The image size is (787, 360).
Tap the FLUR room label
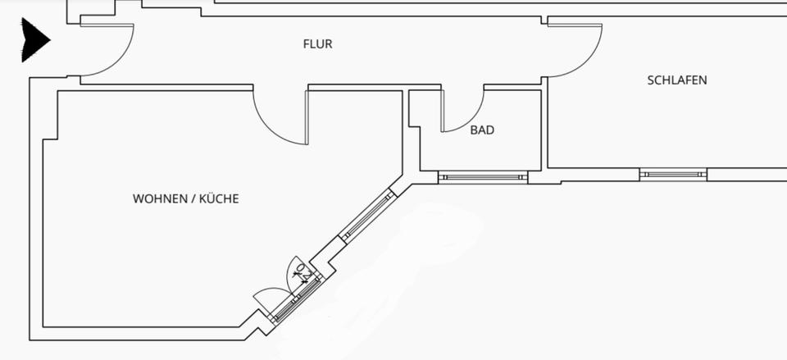[x=317, y=44]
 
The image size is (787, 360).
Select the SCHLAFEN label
[x=677, y=80]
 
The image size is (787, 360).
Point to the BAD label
[x=482, y=130]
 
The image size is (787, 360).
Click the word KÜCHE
[x=220, y=198]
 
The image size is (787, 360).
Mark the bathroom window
[x=482, y=175]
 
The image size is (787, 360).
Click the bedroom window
[x=672, y=174]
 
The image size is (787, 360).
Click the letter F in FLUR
[x=306, y=44]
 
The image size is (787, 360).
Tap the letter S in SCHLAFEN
[x=651, y=80]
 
